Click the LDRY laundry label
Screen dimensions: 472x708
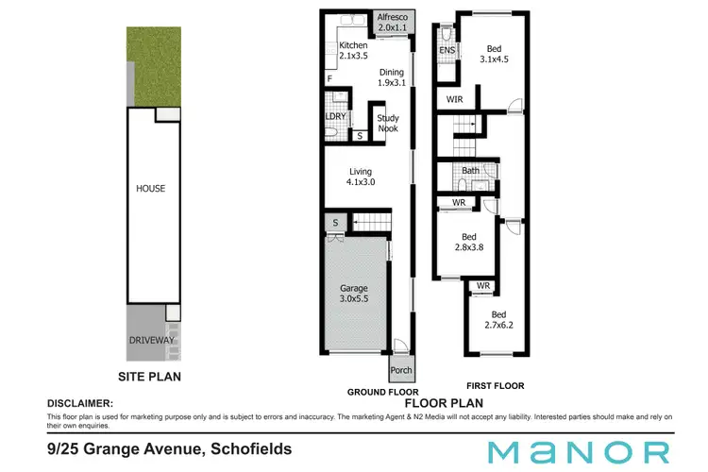pyautogui.click(x=336, y=117)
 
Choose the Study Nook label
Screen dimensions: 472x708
pyautogui.click(x=388, y=124)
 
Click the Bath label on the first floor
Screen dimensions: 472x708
pyautogui.click(x=470, y=171)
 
